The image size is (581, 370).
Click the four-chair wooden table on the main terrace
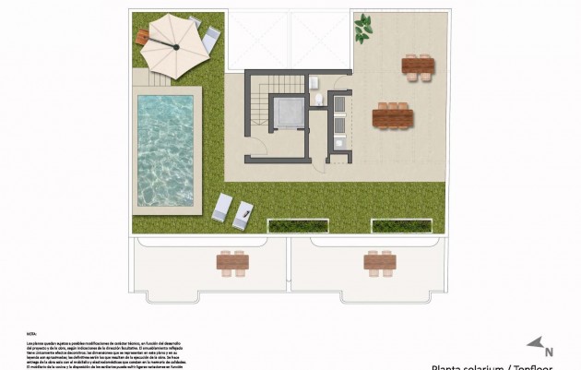tap(418, 66)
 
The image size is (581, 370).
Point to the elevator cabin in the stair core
tap(288, 112)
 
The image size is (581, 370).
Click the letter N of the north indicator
tap(549, 351)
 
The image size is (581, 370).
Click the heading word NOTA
tap(32, 336)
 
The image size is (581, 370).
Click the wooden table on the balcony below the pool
tap(233, 263)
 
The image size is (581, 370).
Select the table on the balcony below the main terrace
tap(379, 263)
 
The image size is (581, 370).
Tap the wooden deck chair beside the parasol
tap(142, 37)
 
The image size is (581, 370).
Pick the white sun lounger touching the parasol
tap(211, 36)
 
